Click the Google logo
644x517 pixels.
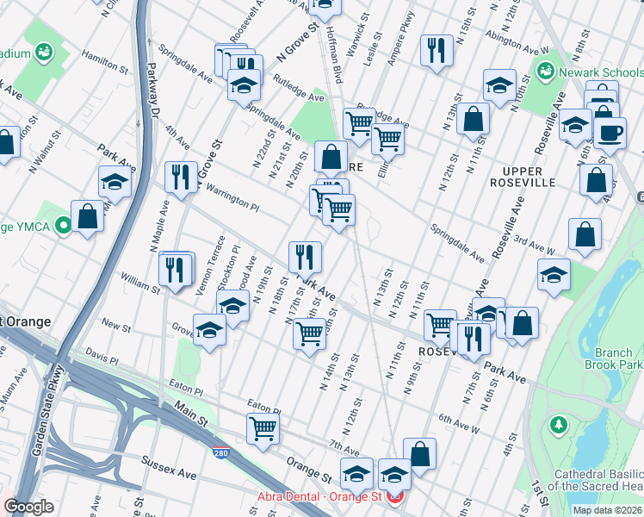28,508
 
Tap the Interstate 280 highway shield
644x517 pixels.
221,450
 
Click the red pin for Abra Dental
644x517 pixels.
395,497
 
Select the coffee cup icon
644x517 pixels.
610,134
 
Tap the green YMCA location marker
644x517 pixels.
62,227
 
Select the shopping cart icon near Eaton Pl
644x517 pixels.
263,427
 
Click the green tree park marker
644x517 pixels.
559,425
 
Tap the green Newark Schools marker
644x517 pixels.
543,72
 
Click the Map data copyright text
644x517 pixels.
607,510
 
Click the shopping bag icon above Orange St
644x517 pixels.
419,453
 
